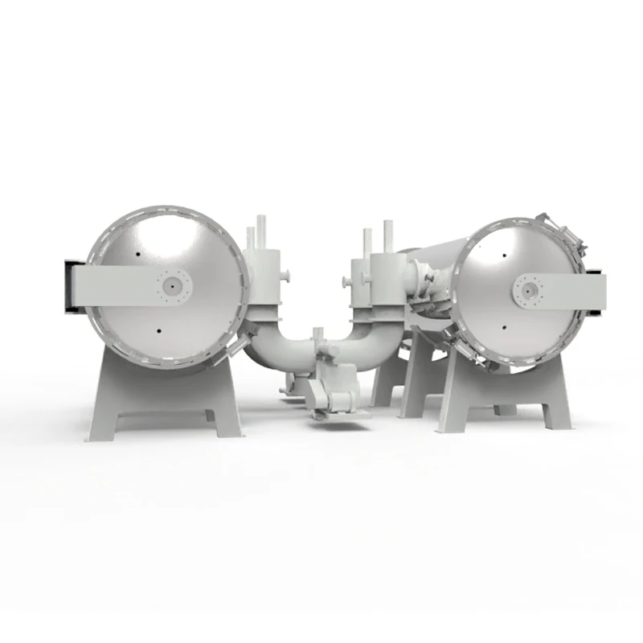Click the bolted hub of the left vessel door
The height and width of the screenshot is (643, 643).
(174, 284)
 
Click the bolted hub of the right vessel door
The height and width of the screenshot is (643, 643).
(529, 289)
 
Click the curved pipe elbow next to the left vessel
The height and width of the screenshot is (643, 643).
(269, 346)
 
